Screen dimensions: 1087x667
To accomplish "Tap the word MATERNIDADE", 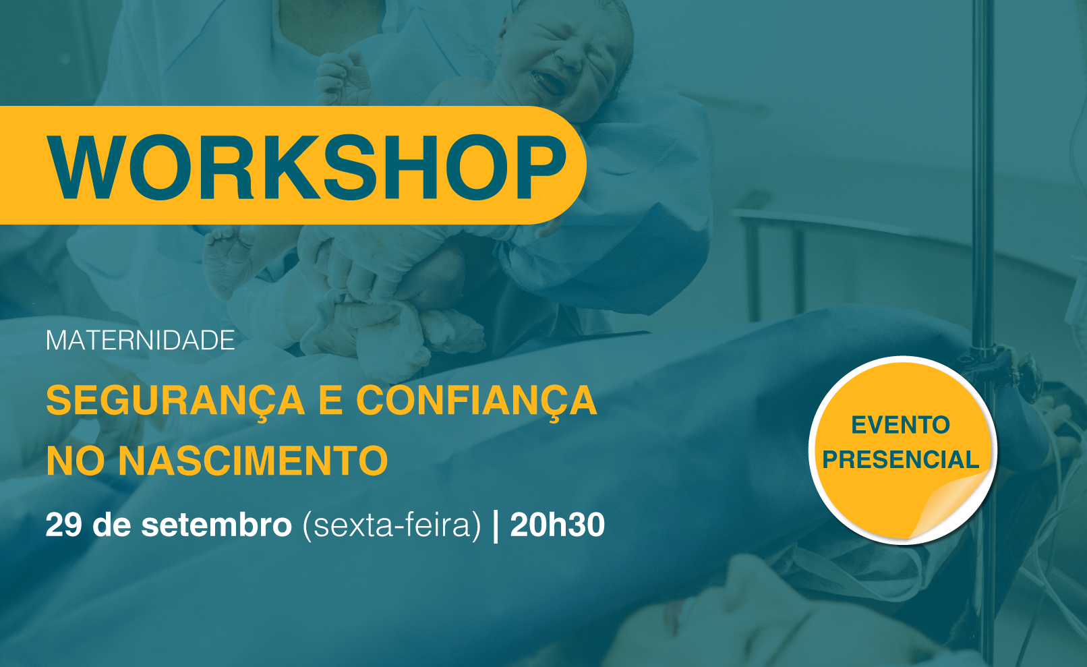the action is pos(140,341).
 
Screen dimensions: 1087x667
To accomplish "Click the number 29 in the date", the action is pos(63,524).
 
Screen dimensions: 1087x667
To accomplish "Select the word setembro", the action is pos(216,524).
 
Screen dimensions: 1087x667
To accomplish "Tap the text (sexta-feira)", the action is pos(392,525).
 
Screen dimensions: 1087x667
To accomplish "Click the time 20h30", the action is pos(558,524).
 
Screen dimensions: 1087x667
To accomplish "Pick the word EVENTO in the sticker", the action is pos(901,426).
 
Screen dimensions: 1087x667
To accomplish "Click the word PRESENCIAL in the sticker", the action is pos(901,460).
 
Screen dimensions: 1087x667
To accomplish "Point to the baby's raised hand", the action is pos(342,78).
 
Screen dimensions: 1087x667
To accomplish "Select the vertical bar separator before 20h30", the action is pos(496,526).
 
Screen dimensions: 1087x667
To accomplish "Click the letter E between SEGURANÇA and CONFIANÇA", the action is pos(330,401).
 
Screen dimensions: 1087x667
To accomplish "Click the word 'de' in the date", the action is pos(112,524).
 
